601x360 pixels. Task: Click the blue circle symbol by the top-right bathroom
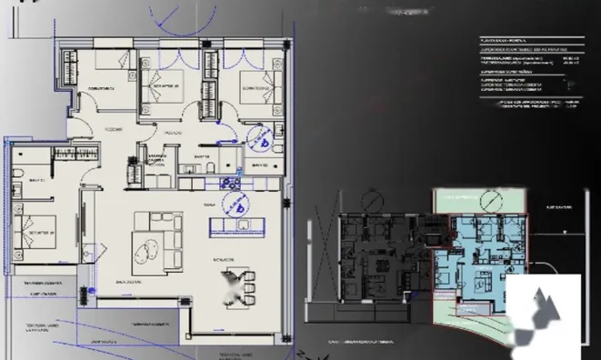pyautogui.click(x=263, y=141)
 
